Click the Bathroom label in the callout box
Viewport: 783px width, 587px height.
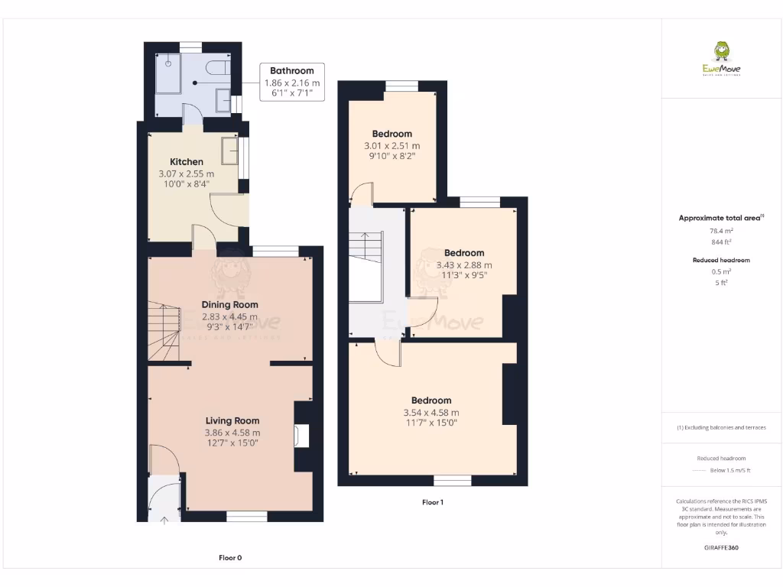coord(291,71)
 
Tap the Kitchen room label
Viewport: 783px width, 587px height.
coord(187,161)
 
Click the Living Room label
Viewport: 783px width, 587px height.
coord(232,420)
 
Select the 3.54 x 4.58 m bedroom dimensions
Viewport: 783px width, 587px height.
coord(431,413)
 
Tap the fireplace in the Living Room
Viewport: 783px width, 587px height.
coord(301,435)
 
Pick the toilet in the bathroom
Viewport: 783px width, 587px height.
coord(219,68)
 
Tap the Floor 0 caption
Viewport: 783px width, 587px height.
coord(230,558)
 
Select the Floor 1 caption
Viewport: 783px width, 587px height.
coord(432,502)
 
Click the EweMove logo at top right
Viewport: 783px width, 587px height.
coord(721,60)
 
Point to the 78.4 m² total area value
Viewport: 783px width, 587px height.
coord(722,230)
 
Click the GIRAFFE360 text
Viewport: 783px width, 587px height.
coord(722,548)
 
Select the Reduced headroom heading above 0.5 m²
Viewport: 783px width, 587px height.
coord(721,260)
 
